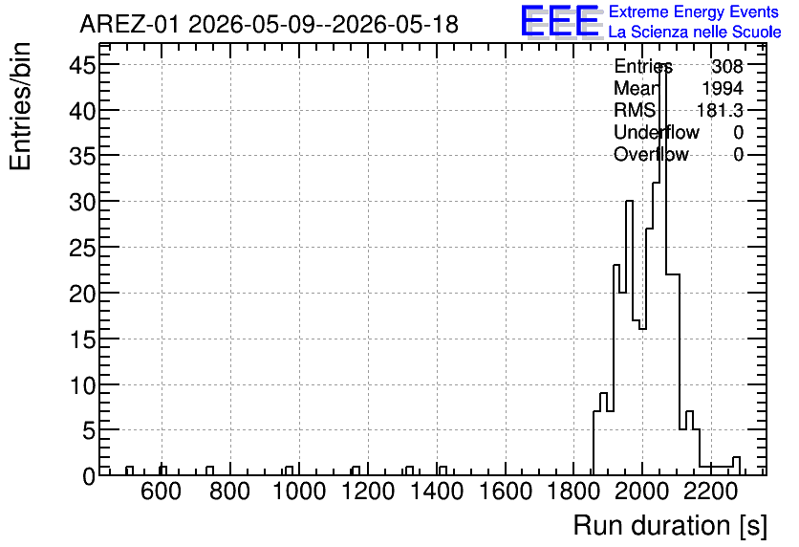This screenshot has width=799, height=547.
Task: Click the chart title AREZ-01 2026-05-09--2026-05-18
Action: [270, 24]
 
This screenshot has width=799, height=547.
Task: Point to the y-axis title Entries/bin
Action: [20, 106]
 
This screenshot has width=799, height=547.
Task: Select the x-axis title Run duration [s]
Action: [670, 526]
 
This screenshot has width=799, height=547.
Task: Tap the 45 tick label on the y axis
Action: [82, 65]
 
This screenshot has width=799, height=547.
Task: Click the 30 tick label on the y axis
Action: [82, 202]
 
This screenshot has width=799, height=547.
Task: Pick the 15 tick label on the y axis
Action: [82, 339]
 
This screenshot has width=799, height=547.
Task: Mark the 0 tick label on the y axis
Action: [89, 476]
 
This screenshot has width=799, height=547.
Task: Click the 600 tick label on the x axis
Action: [161, 492]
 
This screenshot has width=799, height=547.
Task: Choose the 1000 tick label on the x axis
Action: [299, 492]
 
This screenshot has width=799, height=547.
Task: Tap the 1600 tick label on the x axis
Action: [506, 492]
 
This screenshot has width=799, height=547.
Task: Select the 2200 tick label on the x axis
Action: [711, 492]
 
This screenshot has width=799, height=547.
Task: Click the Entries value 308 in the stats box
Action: [727, 66]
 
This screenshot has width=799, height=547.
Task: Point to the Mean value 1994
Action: [723, 88]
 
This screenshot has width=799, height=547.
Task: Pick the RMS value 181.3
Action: [720, 110]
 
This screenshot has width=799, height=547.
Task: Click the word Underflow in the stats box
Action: [657, 132]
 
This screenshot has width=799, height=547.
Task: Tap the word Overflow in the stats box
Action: [651, 154]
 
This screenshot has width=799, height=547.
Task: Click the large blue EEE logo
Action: [560, 21]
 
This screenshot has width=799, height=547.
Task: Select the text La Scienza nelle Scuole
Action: [695, 33]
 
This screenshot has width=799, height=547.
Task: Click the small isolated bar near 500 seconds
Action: [129, 470]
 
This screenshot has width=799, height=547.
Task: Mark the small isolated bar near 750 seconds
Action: [210, 470]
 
